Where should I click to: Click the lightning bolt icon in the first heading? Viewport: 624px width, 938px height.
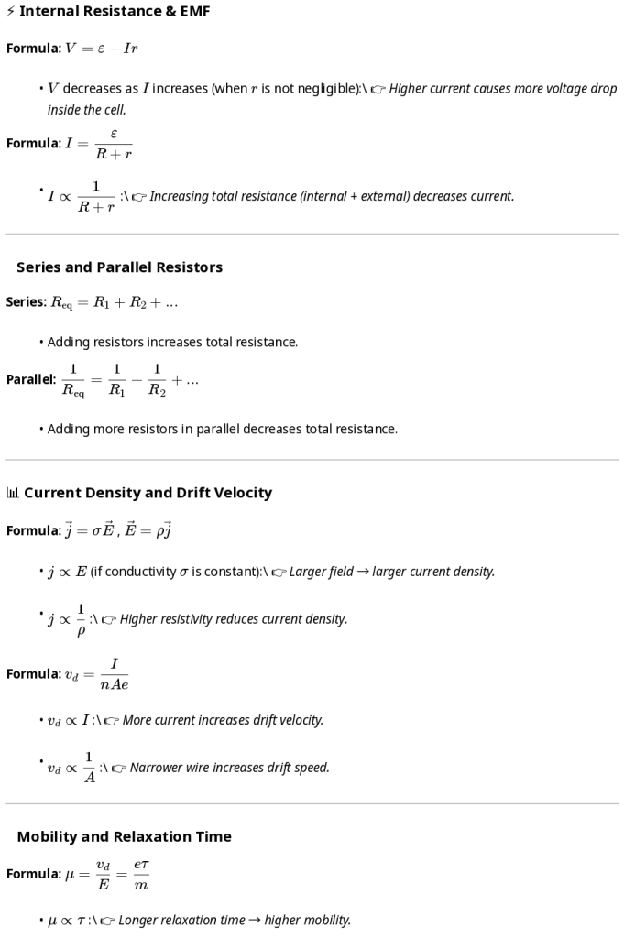pos(10,11)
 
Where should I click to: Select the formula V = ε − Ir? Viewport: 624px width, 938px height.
pos(102,49)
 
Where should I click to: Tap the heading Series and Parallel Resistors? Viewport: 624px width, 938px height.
pos(119,267)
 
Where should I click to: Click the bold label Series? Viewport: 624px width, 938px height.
pos(26,302)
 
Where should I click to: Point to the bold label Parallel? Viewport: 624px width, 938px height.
pos(31,379)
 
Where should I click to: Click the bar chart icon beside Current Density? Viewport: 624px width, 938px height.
pos(12,493)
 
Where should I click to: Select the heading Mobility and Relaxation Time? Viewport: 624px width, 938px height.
pos(124,836)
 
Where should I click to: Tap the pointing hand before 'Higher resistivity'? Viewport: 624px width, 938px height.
pos(109,620)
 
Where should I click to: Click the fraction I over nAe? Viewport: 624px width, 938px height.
pos(114,674)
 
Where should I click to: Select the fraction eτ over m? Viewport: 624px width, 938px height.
pos(140,874)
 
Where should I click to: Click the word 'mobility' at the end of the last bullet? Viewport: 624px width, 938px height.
pos(327,920)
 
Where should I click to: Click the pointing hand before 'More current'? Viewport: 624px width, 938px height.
pos(112,721)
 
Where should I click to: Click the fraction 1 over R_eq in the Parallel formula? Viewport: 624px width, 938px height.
pos(72,379)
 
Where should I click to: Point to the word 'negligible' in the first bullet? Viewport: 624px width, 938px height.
pos(309,89)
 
